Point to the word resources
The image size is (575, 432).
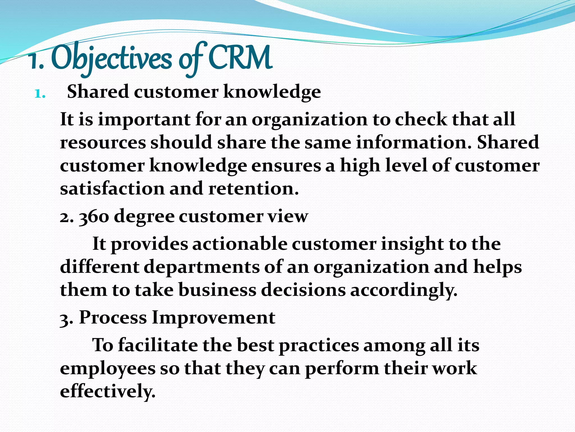coord(103,142)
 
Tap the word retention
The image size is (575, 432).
coord(253,188)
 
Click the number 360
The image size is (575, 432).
coord(94,217)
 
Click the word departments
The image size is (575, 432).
coord(202,267)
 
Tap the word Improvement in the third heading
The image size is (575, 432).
coord(213,318)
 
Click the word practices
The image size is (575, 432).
coord(319,346)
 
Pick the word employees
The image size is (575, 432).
coord(108,369)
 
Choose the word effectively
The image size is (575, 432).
coord(108,391)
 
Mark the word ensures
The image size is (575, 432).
coord(286,165)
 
